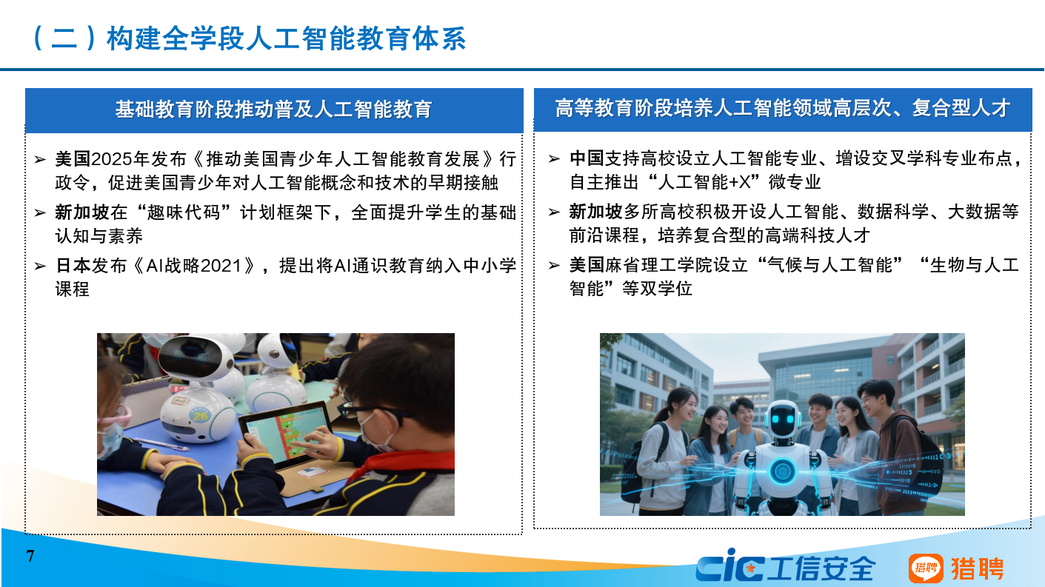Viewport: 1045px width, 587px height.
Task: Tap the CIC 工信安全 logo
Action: coord(785,567)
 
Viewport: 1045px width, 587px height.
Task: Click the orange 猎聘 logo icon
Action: coord(926,568)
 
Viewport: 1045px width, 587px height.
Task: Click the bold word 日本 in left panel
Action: coord(73,266)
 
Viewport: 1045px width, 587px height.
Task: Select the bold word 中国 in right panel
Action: coord(587,159)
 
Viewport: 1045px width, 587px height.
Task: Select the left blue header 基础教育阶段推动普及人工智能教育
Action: coord(273,110)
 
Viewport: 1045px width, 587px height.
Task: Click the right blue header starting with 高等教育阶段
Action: coord(782,109)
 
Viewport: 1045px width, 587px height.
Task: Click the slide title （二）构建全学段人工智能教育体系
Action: coord(249,38)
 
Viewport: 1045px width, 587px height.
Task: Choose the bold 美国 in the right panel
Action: coord(587,265)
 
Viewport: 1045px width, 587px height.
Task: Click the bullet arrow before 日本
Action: coord(40,266)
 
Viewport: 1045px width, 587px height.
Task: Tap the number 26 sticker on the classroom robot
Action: coord(201,415)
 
